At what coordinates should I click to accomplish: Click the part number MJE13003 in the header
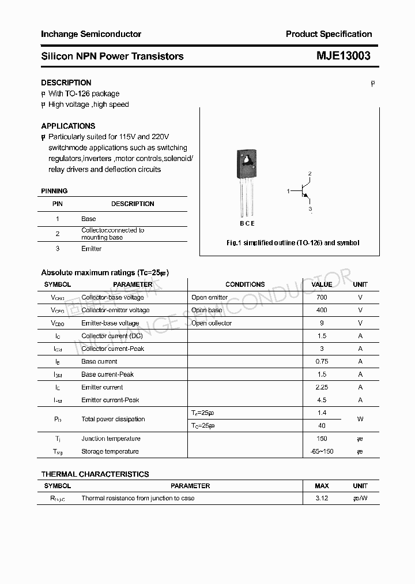pyautogui.click(x=343, y=56)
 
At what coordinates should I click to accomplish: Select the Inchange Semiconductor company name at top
pyautogui.click(x=91, y=34)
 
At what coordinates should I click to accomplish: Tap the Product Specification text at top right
pyautogui.click(x=329, y=34)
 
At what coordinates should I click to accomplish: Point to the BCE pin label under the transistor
pyautogui.click(x=247, y=223)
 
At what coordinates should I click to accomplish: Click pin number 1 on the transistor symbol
pyautogui.click(x=288, y=190)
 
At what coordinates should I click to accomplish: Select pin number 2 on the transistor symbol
pyautogui.click(x=310, y=174)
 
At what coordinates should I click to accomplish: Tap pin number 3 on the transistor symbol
pyautogui.click(x=310, y=208)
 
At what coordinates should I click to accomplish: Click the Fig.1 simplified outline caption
pyautogui.click(x=292, y=243)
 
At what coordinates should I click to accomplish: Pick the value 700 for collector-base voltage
pyautogui.click(x=322, y=297)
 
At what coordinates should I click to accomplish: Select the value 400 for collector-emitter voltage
pyautogui.click(x=322, y=310)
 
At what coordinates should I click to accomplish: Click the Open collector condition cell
pyautogui.click(x=212, y=323)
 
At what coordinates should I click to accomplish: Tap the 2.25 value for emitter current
pyautogui.click(x=322, y=387)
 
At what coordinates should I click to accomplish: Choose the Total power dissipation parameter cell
pyautogui.click(x=113, y=419)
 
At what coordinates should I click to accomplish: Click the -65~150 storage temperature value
pyautogui.click(x=322, y=451)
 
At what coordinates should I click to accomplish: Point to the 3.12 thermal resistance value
pyautogui.click(x=322, y=498)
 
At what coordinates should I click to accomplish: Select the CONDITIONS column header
pyautogui.click(x=245, y=284)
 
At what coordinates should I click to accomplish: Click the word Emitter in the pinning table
pyautogui.click(x=91, y=249)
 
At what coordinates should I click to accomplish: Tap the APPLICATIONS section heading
pyautogui.click(x=68, y=126)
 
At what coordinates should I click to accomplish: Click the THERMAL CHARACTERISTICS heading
pyautogui.click(x=95, y=474)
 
